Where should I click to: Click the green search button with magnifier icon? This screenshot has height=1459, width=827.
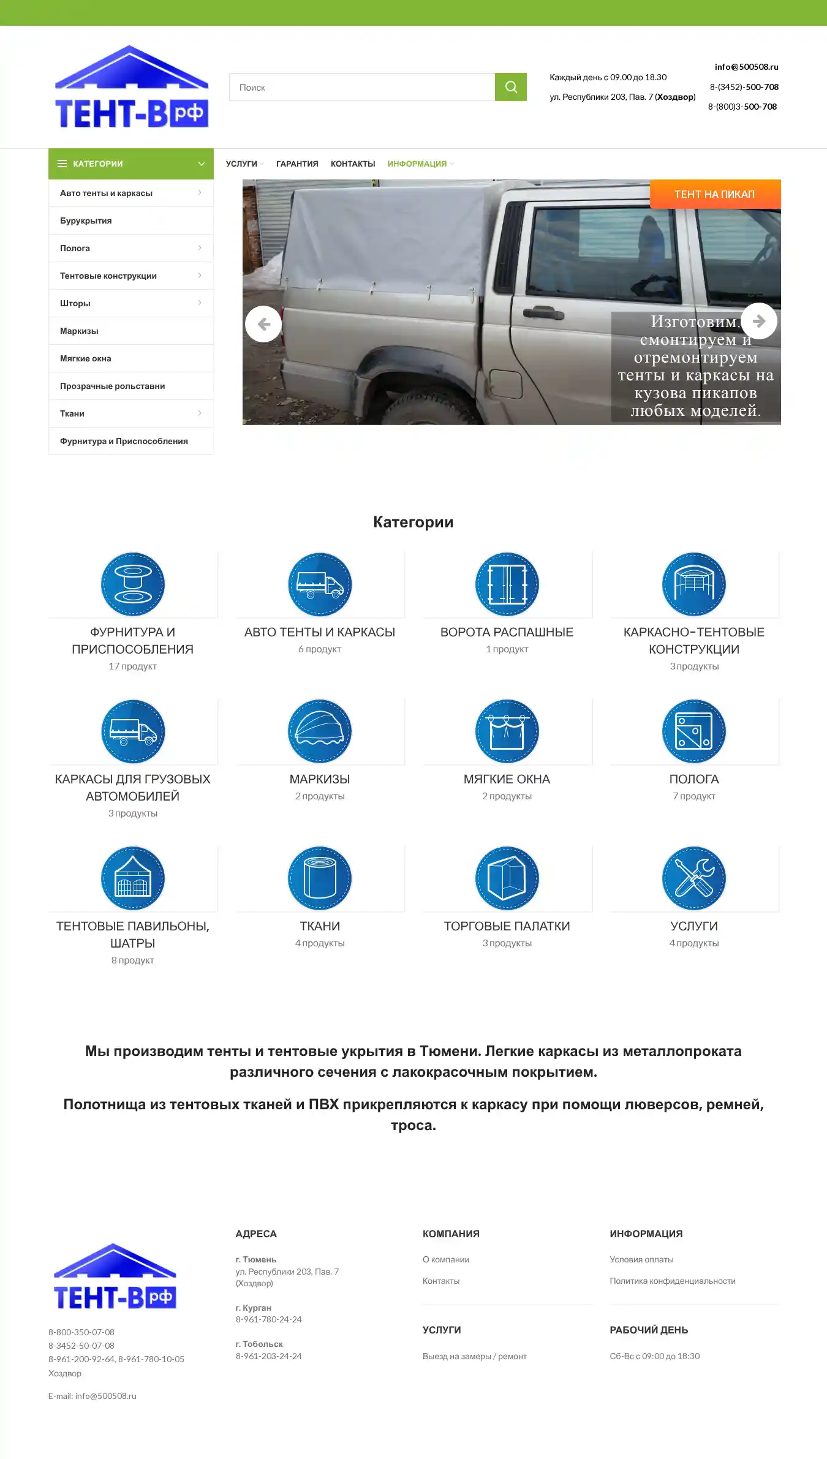511,87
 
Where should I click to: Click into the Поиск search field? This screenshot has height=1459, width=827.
361,88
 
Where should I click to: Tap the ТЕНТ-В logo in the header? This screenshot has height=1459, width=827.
131,87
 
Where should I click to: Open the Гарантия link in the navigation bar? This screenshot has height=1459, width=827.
297,164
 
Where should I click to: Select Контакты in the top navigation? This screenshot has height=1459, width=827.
353,164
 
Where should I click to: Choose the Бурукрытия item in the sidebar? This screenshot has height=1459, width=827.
86,221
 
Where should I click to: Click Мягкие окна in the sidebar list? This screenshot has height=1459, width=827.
86,359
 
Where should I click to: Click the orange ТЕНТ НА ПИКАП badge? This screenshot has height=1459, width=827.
714,194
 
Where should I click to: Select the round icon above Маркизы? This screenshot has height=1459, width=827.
320,731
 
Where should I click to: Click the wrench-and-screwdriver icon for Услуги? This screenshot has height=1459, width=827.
693,878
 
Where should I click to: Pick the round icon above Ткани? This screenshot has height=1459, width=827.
320,878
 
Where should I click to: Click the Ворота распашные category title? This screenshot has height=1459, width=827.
507,632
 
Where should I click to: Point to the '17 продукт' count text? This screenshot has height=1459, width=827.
132,666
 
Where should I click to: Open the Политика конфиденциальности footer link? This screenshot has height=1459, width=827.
672,1281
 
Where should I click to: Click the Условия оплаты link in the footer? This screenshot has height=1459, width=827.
641,1260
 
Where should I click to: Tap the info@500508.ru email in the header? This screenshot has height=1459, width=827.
746,67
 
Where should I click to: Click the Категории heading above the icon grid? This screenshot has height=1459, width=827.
413,522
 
